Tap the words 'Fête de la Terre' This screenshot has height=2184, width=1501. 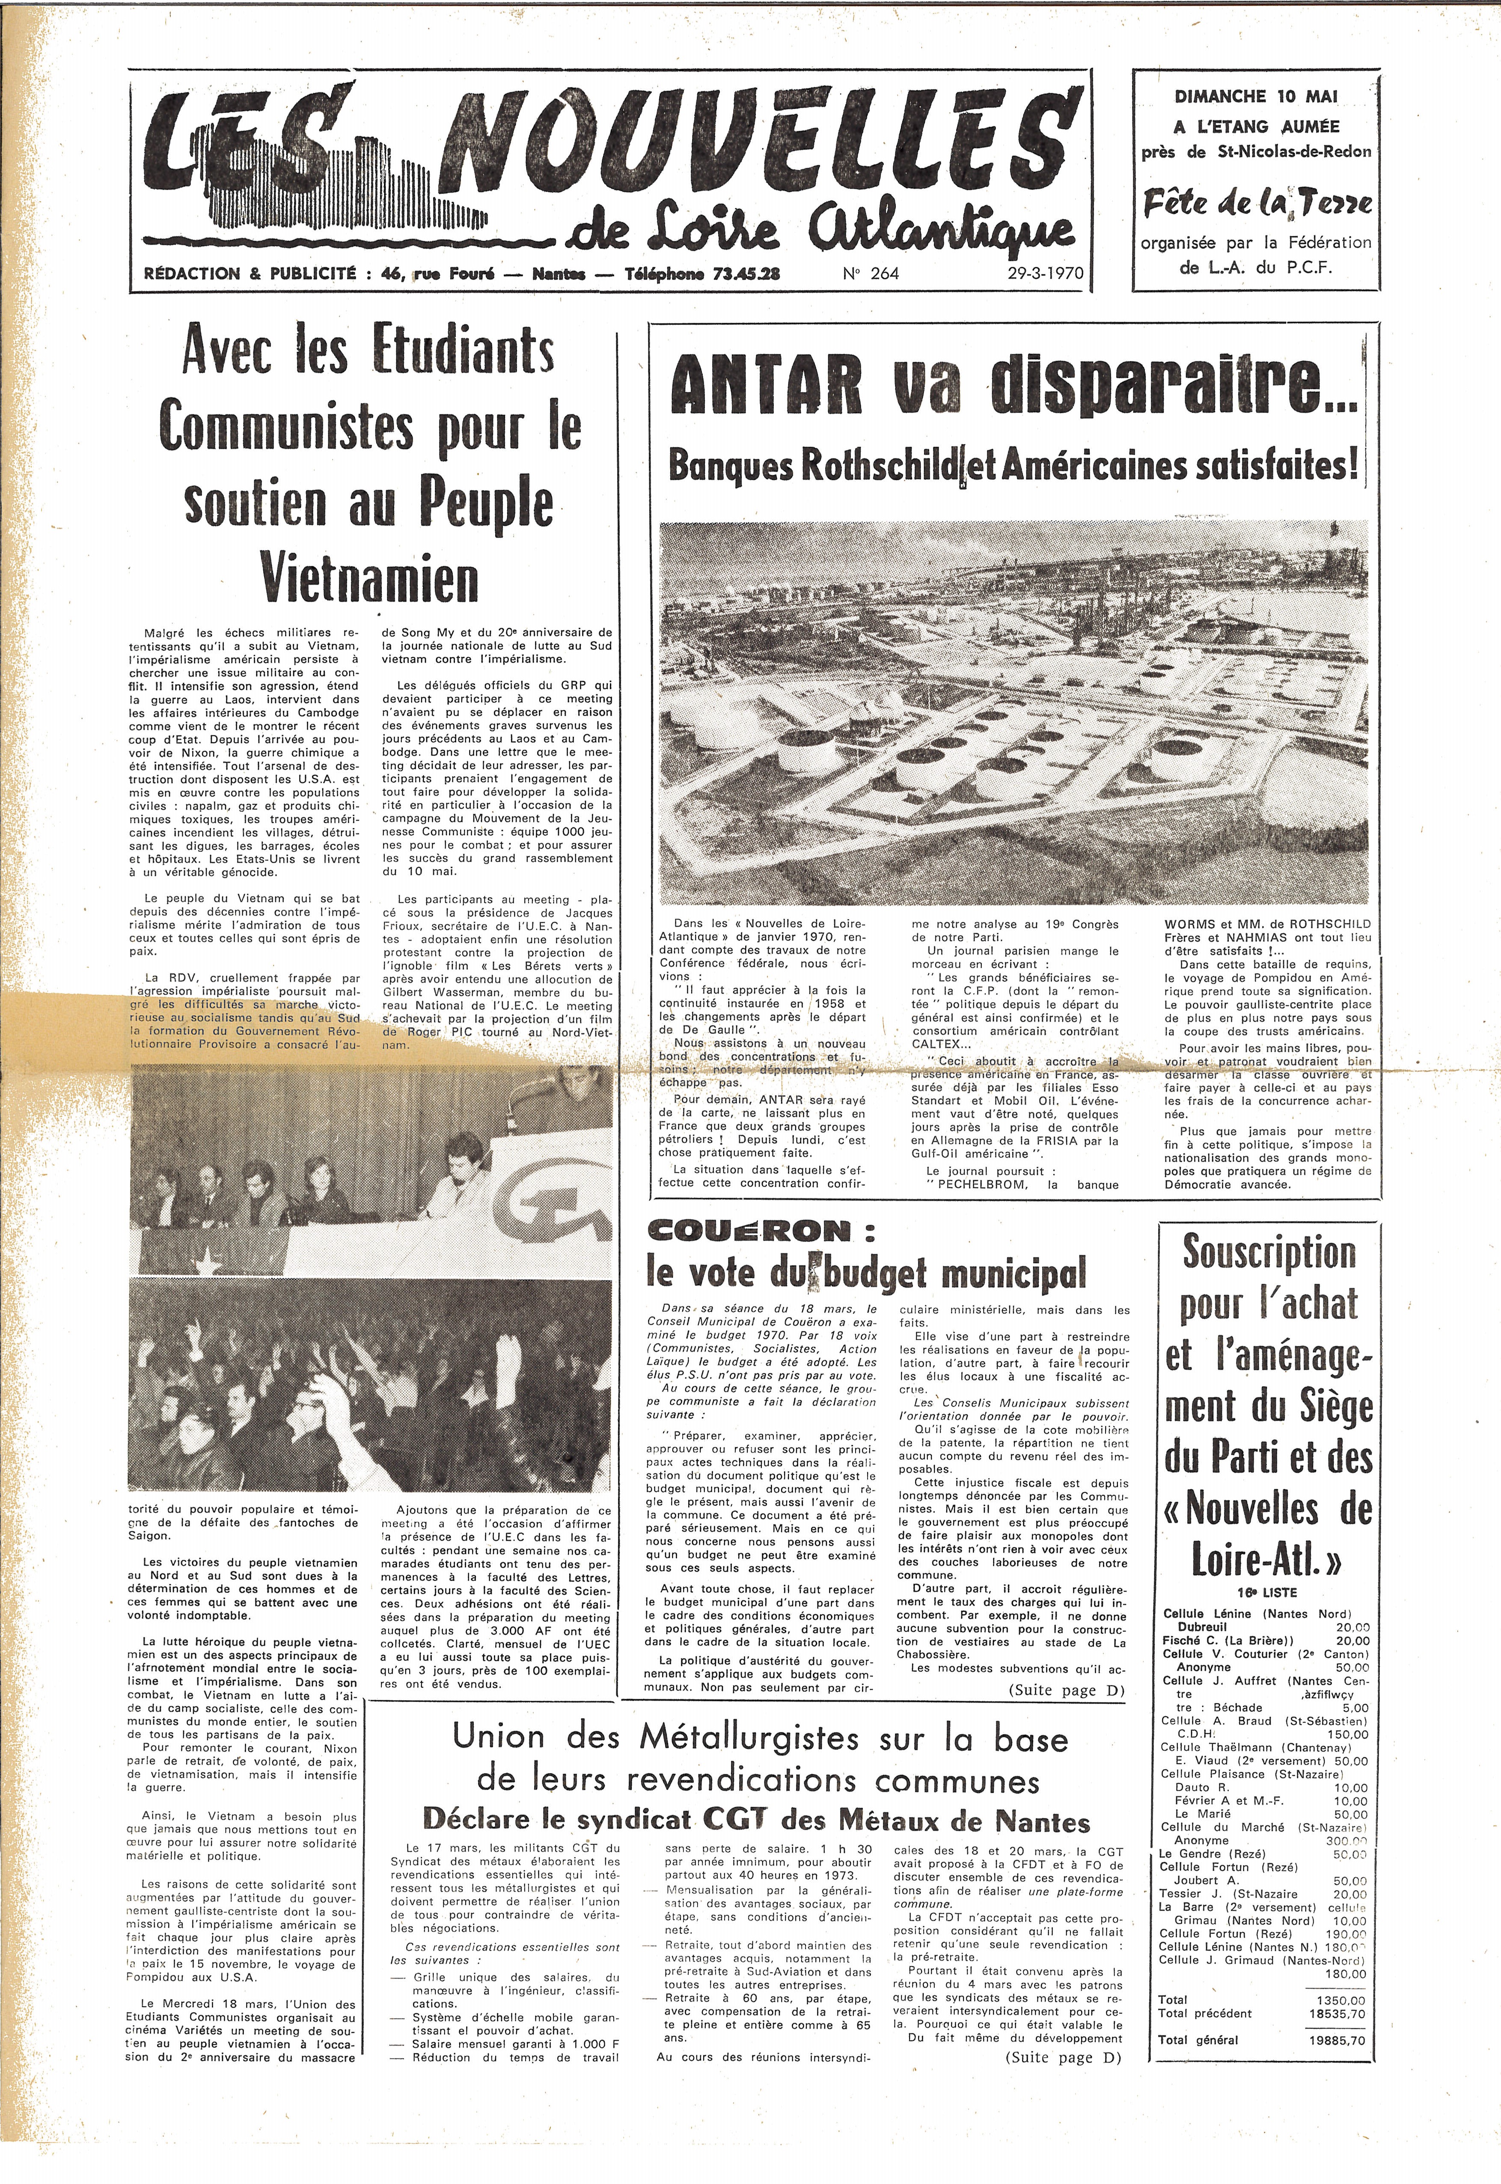coord(1257,203)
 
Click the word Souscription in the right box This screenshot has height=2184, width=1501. coord(1269,1254)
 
